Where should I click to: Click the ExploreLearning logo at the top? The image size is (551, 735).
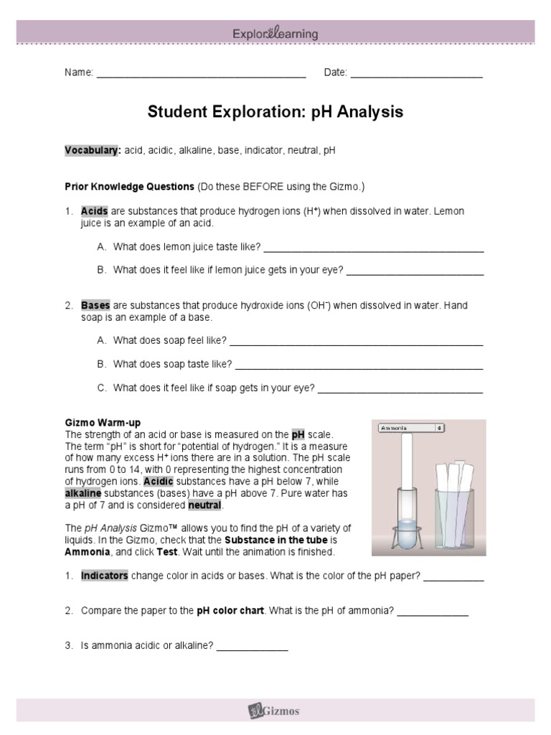coord(275,34)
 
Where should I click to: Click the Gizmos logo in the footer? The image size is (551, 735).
coord(275,711)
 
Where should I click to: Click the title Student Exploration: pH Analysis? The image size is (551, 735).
coord(275,112)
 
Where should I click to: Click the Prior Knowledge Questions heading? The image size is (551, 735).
coord(129,187)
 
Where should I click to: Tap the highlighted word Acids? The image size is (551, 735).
coord(94,212)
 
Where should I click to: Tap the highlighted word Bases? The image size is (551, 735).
coord(95,306)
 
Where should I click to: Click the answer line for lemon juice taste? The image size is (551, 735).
coord(373,248)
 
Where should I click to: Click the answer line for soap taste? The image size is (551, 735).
coord(359,365)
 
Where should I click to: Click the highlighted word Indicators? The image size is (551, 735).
coord(105,576)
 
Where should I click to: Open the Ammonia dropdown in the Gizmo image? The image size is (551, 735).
coord(412,428)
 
